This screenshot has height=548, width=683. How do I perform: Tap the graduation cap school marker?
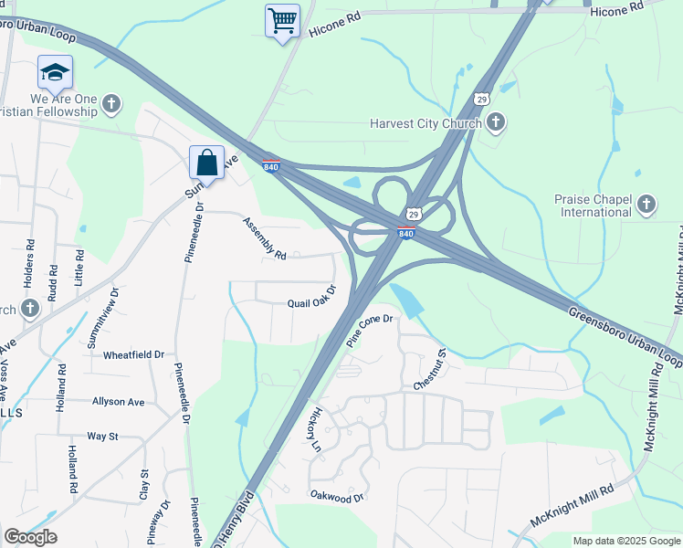pos(55,71)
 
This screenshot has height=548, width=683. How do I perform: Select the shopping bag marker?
pos(207,163)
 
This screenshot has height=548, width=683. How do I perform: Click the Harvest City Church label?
pos(425,123)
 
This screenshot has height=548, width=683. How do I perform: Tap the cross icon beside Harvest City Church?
pos(496,121)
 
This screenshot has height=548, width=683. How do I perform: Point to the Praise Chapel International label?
pos(593,206)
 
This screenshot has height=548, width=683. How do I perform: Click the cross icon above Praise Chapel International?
pos(646,204)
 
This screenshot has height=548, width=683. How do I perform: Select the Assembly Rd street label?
pos(265,238)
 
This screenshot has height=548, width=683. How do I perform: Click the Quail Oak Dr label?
pos(311,298)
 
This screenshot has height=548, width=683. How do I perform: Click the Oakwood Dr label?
pos(337,497)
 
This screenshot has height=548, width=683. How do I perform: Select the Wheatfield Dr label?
pos(133,354)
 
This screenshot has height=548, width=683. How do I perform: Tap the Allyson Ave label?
pos(118,401)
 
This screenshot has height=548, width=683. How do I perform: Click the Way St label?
pos(102,437)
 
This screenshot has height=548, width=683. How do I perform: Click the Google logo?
pos(30,537)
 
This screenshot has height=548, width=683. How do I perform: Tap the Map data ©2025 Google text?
pos(625,541)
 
